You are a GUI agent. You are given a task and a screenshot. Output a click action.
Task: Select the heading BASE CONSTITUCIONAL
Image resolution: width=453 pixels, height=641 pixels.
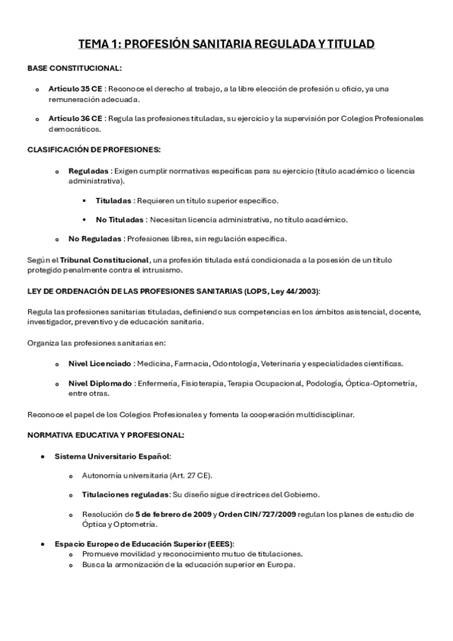coord(64,68)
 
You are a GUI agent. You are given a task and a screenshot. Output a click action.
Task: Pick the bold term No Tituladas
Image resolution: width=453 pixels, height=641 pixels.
coord(120,219)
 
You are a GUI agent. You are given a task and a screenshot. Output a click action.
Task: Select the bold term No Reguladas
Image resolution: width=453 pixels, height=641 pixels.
coord(95,239)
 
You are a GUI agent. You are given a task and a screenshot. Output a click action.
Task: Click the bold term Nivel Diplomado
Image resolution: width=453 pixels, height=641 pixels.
coord(100,383)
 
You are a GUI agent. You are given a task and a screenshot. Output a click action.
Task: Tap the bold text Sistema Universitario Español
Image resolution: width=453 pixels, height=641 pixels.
coord(112,456)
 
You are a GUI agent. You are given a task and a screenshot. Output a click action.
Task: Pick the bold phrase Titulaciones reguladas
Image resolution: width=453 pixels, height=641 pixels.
coord(126,494)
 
